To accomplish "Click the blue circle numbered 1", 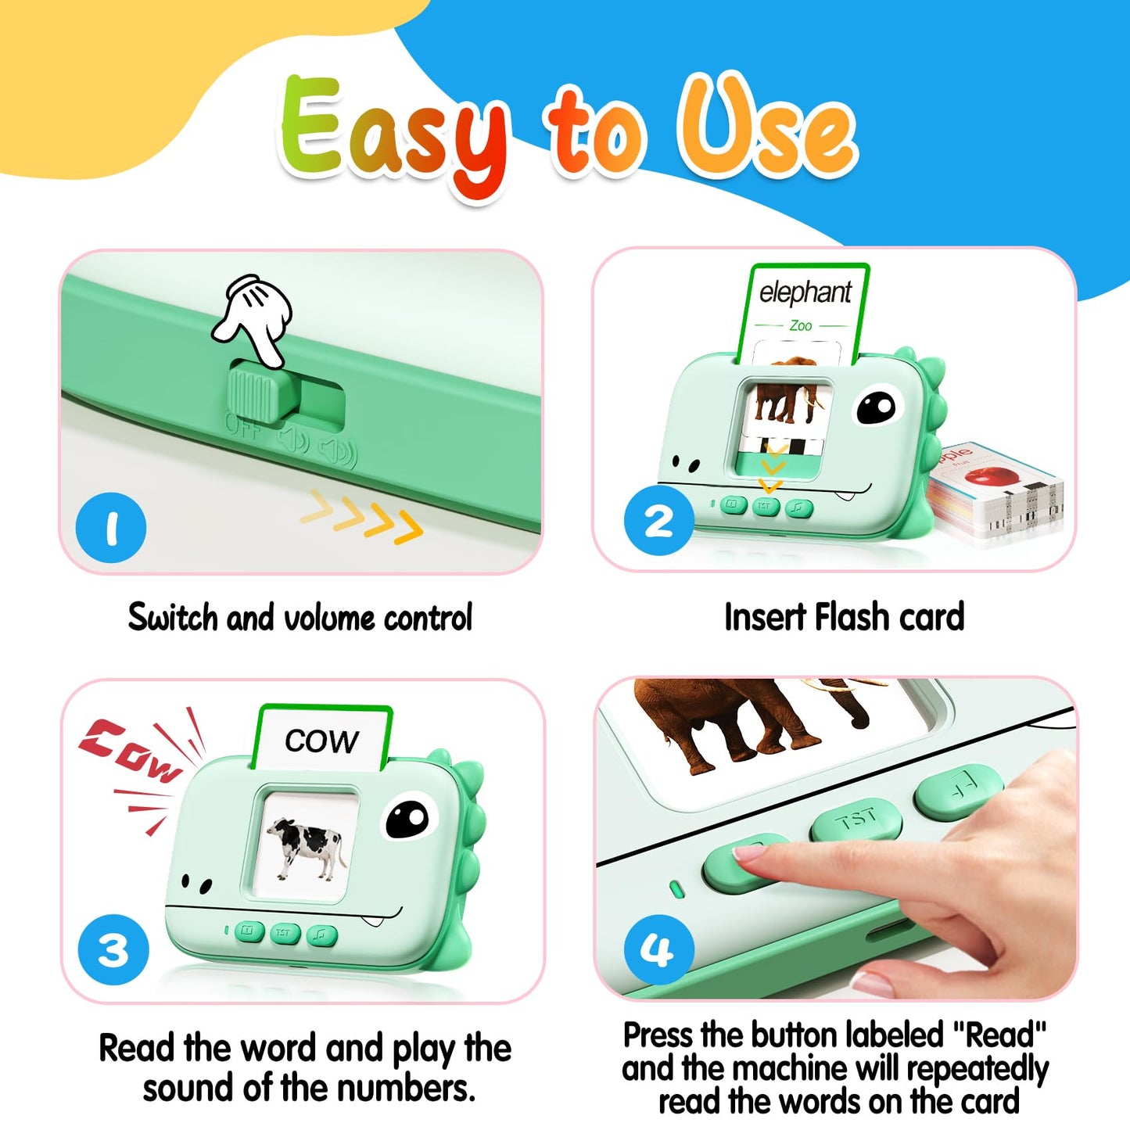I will click(x=111, y=527).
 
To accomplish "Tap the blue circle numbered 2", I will click(x=658, y=521).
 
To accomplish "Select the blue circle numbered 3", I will click(x=113, y=950).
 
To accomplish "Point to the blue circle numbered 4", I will click(x=658, y=950).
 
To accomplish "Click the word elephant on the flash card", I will click(x=805, y=292).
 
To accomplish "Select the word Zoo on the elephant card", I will click(x=800, y=325).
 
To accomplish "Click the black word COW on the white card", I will click(x=321, y=741).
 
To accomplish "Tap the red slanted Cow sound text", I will click(x=130, y=750).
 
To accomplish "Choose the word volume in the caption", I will click(x=328, y=619).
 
